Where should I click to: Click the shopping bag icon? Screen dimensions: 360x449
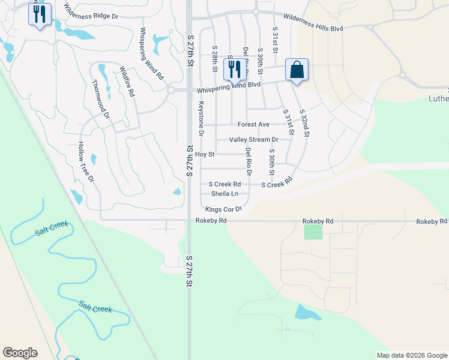tap(297, 70)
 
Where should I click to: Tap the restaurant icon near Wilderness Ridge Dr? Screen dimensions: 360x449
tap(40, 14)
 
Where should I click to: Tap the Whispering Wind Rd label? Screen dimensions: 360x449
tap(151, 53)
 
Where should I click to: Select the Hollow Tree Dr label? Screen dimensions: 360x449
tap(86, 162)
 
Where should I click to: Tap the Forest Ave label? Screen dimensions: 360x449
tap(253, 124)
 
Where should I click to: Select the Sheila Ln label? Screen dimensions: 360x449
tap(224, 194)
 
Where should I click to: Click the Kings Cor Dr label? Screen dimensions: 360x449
tap(223, 209)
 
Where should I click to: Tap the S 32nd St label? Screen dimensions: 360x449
tap(304, 123)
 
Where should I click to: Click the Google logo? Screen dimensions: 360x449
tap(20, 353)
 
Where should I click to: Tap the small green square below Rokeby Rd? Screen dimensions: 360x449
tap(313, 232)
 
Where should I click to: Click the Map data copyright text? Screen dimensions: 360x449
tap(411, 355)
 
